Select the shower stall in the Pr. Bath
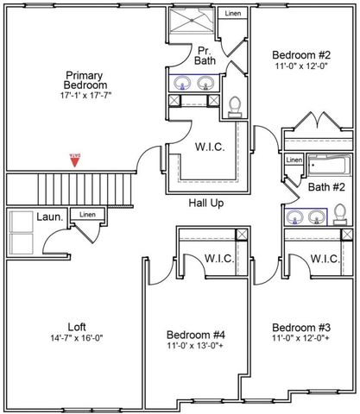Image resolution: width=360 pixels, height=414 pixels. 192,22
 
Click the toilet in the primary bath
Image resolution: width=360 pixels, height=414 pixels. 233,106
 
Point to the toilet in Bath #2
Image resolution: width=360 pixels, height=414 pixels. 339,213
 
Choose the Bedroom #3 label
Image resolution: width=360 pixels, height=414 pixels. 300,328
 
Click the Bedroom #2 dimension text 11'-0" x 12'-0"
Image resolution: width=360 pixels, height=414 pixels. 300,64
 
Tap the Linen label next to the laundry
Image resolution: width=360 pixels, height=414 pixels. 86,215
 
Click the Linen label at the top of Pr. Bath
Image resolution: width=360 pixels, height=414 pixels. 233,15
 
